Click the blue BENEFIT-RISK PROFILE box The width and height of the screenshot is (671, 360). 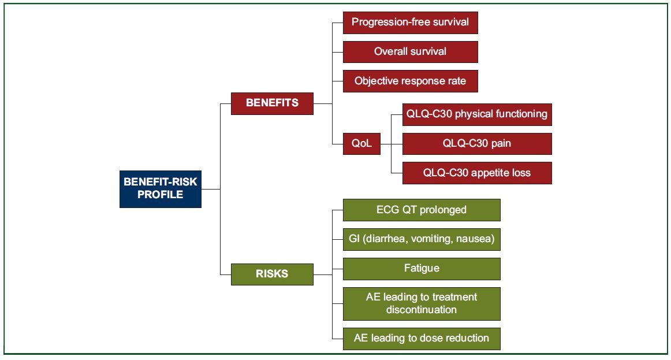161,189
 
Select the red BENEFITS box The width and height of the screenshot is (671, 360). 272,103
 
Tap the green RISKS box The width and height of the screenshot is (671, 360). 272,274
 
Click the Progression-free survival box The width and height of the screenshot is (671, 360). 411,23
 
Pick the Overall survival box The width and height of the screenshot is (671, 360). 411,52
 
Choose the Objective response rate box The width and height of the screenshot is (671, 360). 411,81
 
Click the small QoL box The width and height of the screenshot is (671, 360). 361,143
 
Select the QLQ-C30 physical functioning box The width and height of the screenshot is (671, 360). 477,114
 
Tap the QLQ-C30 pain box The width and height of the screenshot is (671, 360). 477,143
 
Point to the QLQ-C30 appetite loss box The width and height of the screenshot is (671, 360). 477,173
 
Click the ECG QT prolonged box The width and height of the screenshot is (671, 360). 422,210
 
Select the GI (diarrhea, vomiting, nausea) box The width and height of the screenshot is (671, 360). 422,239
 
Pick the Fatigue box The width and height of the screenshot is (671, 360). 422,269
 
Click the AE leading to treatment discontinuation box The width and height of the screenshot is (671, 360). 422,304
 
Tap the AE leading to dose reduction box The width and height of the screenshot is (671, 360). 422,339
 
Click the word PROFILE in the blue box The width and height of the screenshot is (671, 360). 161,194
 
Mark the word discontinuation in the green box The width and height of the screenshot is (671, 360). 422,310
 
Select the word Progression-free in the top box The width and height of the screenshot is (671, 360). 391,23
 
